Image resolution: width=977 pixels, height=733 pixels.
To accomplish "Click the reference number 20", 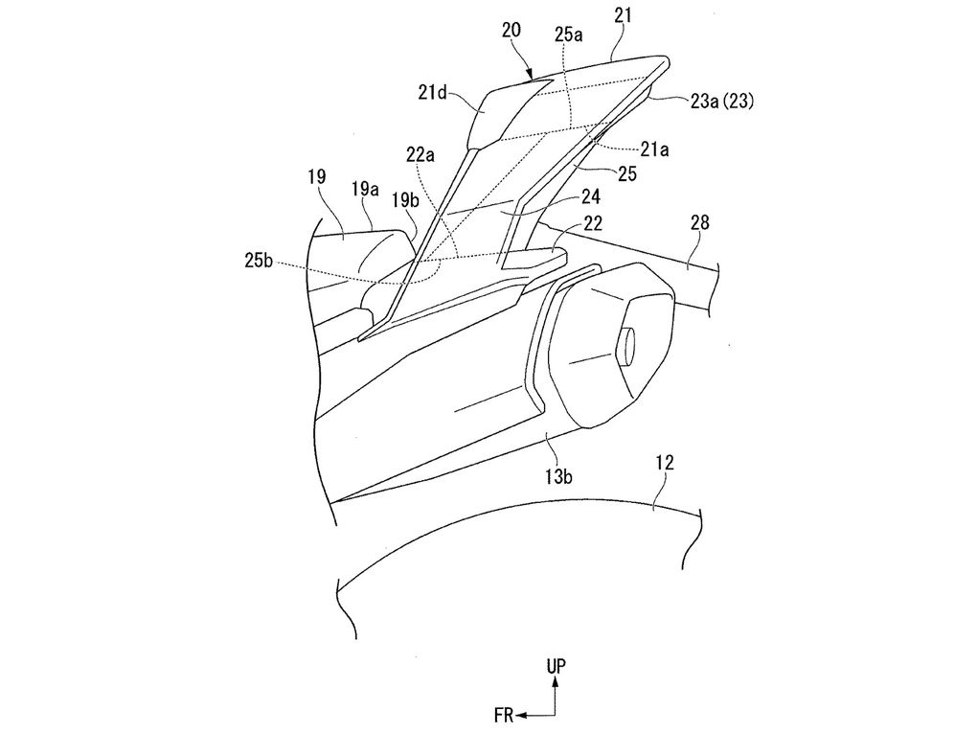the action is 512,31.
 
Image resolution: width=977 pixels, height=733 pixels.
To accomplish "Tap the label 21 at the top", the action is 622,15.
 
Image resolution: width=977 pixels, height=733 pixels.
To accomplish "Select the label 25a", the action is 569,34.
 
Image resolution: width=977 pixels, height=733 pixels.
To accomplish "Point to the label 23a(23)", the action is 721,101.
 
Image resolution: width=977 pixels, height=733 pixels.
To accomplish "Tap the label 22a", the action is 420,155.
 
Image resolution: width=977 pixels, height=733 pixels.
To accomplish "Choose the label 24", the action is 590,197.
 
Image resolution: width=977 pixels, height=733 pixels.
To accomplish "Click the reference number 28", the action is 700,222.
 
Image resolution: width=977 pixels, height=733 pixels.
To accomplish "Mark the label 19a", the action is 366,189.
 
